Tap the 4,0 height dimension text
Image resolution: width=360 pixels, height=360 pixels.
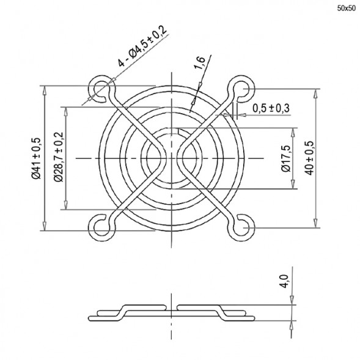pyautogui.click(x=282, y=282)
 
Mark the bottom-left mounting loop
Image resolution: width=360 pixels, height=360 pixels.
pyautogui.click(x=100, y=227)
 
